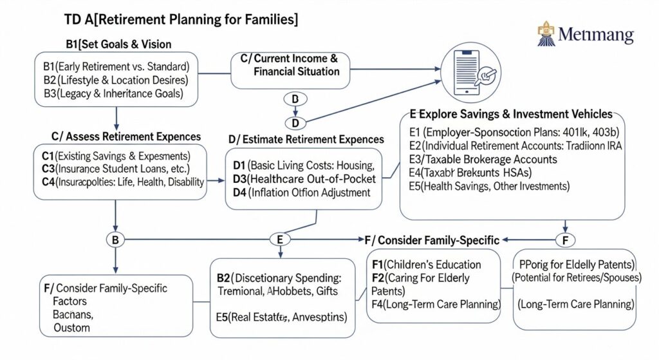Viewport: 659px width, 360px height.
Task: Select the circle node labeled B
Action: (x=115, y=240)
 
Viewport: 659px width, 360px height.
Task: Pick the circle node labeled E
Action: (x=279, y=240)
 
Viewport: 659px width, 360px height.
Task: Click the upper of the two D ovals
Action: (x=295, y=100)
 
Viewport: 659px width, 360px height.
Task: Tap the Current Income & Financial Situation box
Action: (x=290, y=65)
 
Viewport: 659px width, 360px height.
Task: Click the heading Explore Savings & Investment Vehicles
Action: (x=510, y=114)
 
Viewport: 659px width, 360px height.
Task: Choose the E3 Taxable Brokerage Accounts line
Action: (x=483, y=159)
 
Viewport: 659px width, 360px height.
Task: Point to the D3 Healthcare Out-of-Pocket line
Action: (x=299, y=179)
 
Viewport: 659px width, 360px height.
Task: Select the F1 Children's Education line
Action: (x=427, y=265)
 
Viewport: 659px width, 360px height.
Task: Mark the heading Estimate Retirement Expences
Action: (x=306, y=139)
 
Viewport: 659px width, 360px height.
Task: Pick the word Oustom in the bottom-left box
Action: (x=72, y=327)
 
